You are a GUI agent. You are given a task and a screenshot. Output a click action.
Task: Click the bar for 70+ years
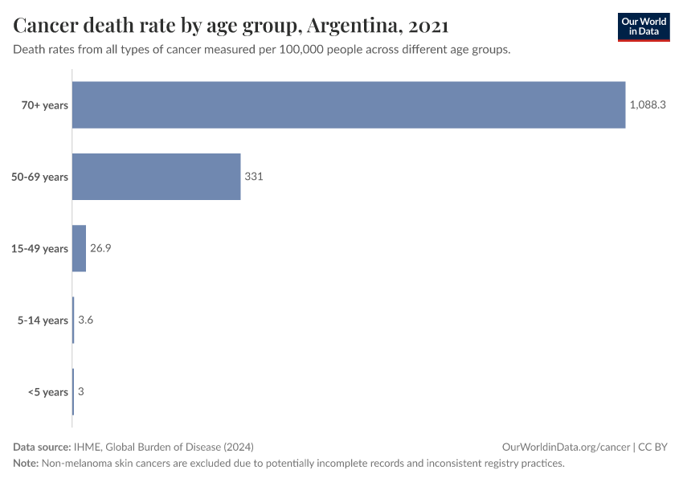pyautogui.click(x=349, y=105)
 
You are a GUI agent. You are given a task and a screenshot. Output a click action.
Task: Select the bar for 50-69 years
pyautogui.click(x=157, y=177)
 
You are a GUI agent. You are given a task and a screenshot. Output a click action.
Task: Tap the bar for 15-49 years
pyautogui.click(x=79, y=248)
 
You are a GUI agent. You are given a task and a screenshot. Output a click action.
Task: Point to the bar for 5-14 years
pyautogui.click(x=73, y=321)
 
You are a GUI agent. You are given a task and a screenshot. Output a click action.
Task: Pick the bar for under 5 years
pyautogui.click(x=73, y=392)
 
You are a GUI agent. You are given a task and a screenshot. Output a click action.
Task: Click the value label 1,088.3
pyautogui.click(x=648, y=105)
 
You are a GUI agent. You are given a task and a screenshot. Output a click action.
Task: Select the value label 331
pyautogui.click(x=254, y=177)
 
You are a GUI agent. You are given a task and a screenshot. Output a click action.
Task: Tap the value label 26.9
pyautogui.click(x=100, y=248)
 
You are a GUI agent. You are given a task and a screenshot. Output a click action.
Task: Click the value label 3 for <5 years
pyautogui.click(x=81, y=392)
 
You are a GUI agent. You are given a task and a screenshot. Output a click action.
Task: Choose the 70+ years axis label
pyautogui.click(x=45, y=105)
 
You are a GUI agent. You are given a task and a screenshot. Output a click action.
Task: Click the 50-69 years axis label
pyautogui.click(x=40, y=177)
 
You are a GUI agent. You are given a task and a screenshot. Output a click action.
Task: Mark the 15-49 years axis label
pyautogui.click(x=40, y=248)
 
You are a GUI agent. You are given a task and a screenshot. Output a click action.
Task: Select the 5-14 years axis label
pyautogui.click(x=43, y=321)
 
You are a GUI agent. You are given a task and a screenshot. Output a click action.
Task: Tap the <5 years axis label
pyautogui.click(x=48, y=392)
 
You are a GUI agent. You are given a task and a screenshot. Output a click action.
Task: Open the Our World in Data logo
pyautogui.click(x=644, y=27)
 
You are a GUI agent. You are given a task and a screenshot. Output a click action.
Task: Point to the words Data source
pyautogui.click(x=42, y=447)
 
